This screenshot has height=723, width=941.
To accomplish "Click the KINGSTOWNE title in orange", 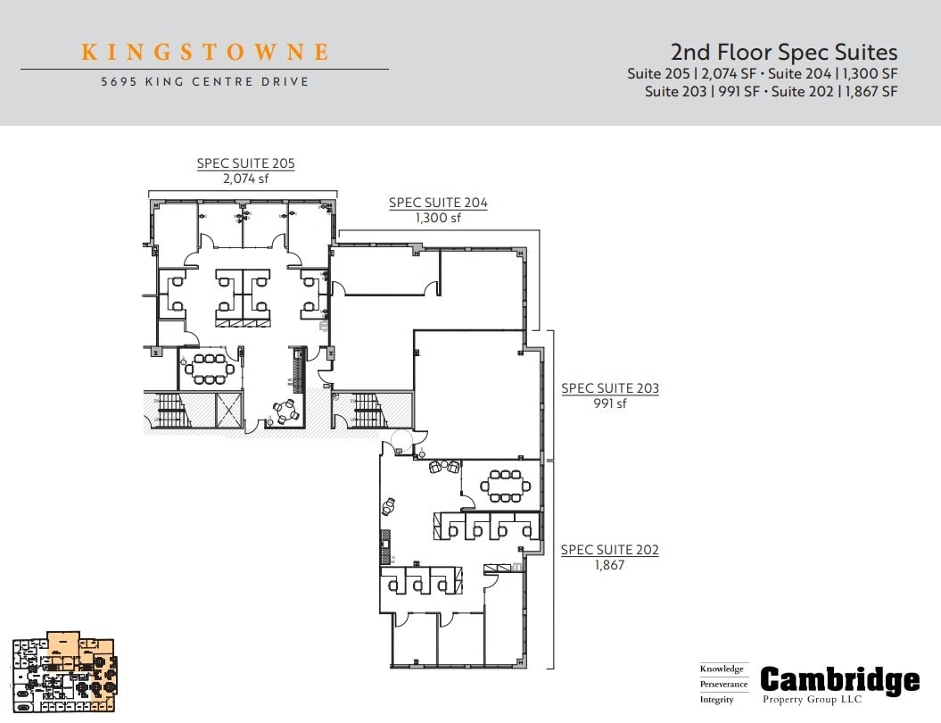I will coord(205,52).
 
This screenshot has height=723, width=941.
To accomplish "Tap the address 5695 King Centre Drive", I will coord(204,81).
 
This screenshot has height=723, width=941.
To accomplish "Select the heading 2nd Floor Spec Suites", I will coord(783,53).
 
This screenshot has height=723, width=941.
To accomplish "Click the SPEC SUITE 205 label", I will coord(245,163).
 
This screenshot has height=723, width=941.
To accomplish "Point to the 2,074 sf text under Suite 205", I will coord(245,179).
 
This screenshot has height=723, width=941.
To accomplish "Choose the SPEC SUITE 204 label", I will coord(438,203).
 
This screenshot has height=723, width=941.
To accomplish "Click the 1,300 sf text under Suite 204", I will coord(438,218).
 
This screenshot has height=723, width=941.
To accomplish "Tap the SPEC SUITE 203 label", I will coord(610,388).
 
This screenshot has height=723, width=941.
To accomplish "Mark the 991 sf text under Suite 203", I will coord(610,403).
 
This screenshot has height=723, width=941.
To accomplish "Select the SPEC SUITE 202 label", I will coord(610,550).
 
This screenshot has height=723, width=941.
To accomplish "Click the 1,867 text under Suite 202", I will coord(610,565).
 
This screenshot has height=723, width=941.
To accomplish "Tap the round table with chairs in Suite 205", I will coord(285,411).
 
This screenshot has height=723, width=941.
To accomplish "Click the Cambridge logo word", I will coord(839,681).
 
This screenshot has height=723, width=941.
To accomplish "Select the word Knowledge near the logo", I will coord(722,669).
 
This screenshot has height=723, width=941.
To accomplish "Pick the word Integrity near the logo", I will coord(717,700).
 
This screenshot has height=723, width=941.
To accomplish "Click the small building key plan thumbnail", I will coord(63,672).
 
